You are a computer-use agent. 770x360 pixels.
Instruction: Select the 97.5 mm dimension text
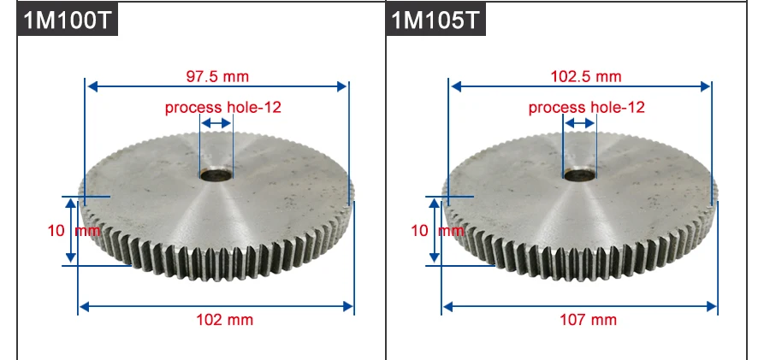point(217,76)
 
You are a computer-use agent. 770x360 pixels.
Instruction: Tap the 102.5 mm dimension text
point(585,76)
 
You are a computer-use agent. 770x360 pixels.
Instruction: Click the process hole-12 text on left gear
point(222,108)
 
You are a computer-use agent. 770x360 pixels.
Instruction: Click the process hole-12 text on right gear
point(586,108)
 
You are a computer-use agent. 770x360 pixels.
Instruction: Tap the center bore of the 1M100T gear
point(216,174)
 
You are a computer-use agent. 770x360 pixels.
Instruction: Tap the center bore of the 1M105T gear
point(579,174)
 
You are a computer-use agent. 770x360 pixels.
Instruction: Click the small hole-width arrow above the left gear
point(216,124)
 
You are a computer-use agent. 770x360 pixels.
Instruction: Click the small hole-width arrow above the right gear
point(579,124)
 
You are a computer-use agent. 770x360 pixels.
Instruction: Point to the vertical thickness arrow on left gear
point(71,230)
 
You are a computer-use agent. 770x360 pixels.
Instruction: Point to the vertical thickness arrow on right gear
point(435,230)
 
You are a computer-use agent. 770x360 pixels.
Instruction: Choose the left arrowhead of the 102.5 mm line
point(455,86)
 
